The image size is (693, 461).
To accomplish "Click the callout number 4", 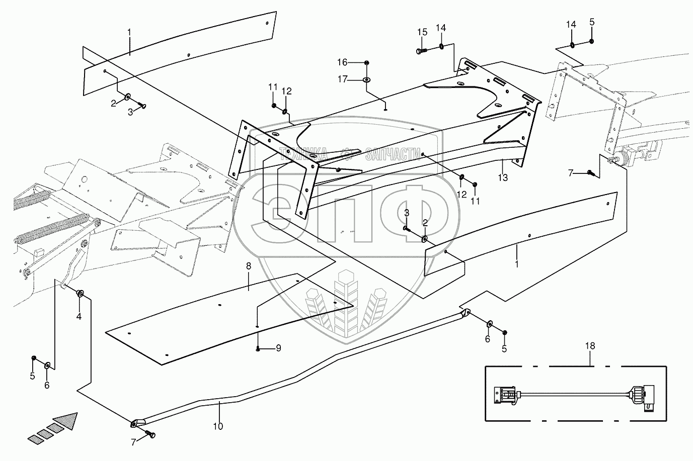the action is point(79,316).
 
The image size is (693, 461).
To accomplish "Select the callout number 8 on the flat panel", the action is point(249,266).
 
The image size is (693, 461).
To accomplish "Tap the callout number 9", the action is point(278,348).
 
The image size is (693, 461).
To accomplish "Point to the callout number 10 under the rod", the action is point(218,426).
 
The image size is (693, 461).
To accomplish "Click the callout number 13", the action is point(503,177).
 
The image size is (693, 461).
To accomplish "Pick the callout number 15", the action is point(422,32).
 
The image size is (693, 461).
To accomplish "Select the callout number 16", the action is point(342,62).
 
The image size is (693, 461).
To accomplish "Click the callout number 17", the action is point(343,79).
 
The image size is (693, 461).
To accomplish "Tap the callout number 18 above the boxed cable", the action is point(590,346).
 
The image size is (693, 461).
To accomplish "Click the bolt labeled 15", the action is point(422,51).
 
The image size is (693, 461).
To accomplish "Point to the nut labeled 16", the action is point(366,63).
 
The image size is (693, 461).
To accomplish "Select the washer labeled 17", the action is point(366,80).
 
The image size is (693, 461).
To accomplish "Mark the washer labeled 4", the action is point(80,293).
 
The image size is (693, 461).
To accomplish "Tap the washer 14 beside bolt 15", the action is point(441,47).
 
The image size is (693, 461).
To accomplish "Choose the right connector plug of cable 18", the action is point(644,398).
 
